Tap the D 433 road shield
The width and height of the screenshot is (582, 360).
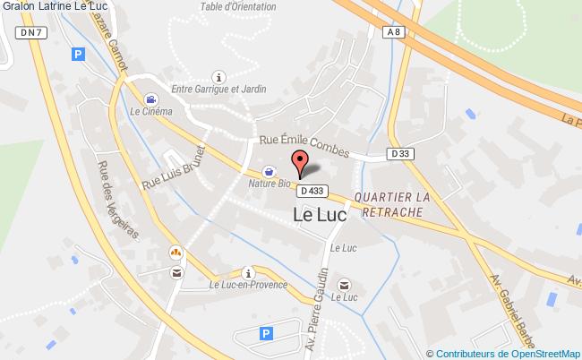point(312,191)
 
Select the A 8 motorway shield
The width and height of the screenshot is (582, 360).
point(393,32)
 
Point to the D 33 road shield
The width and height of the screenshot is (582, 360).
point(402,154)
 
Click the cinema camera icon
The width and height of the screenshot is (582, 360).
point(152,99)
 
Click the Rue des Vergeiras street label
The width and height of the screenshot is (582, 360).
point(118,199)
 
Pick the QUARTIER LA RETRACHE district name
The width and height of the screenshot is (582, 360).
point(392,203)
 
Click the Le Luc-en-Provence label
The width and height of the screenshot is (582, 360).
point(248,285)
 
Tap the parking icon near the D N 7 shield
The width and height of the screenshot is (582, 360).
point(78,54)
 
